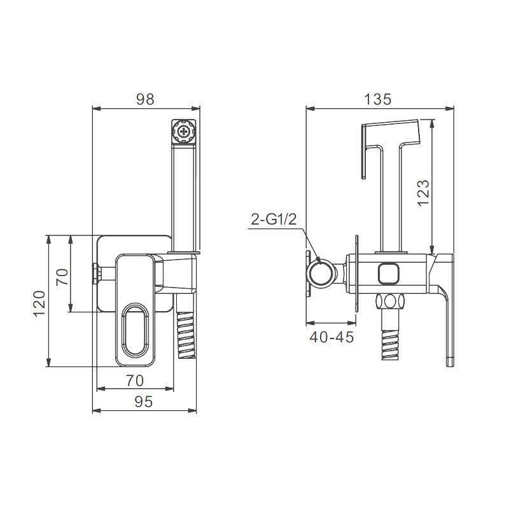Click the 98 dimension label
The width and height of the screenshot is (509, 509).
(x=145, y=99)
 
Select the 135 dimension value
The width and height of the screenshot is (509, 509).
(x=377, y=99)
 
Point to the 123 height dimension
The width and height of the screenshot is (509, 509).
(x=423, y=193)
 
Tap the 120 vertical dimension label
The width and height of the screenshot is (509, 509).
(x=39, y=304)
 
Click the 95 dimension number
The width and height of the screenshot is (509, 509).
(x=144, y=402)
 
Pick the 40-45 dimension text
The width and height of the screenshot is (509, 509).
(x=331, y=338)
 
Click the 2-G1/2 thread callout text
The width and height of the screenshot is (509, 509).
(x=274, y=220)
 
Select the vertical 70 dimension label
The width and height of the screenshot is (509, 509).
(x=62, y=277)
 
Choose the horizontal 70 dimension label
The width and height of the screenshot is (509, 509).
(x=135, y=380)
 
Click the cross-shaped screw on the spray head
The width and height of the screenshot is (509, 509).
(x=184, y=132)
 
